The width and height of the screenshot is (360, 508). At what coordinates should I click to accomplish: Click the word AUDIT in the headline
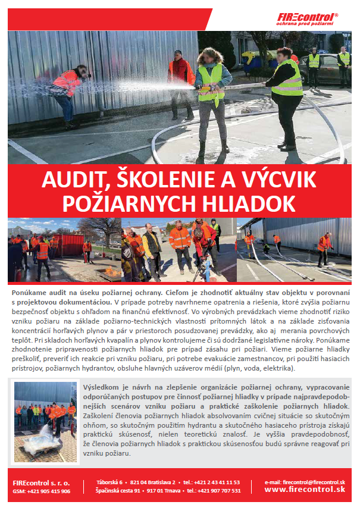point(76,180)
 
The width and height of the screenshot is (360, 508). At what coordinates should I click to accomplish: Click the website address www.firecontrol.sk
point(305,490)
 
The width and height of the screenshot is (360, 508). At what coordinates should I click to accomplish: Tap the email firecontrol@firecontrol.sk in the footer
point(314,481)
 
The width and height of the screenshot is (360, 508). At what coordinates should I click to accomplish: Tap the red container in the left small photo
point(68,244)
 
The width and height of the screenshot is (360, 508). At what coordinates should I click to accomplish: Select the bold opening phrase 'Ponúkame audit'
point(37,293)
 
